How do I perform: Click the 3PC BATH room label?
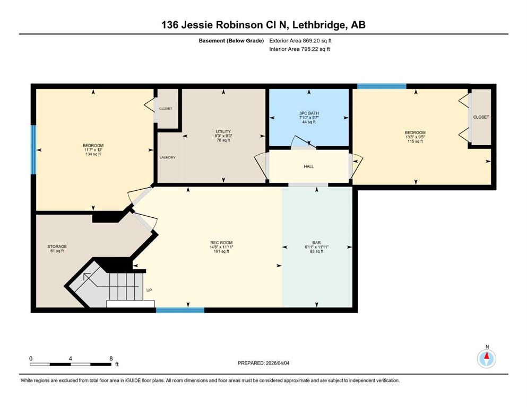point(309,113)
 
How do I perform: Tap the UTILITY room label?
point(223,131)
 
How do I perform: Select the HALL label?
point(308,166)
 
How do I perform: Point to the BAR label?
point(316,243)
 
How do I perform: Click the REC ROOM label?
point(221,243)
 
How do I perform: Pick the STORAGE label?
point(57,246)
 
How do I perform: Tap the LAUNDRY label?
point(167,157)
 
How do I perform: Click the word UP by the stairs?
point(149,290)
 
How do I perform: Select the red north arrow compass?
point(486,358)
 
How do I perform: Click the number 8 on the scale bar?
point(111,358)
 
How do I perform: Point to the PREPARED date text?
point(263,363)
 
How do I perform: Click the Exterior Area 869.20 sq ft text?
point(300,41)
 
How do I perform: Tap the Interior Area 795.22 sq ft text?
point(299,49)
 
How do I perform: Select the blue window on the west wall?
point(33,149)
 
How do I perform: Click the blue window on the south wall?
point(180,310)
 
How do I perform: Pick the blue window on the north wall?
point(382,86)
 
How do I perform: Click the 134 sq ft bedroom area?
point(93,154)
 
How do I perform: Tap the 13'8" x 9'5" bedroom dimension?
point(415,137)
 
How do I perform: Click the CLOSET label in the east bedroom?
point(481,117)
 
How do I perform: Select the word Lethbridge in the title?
point(321,25)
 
